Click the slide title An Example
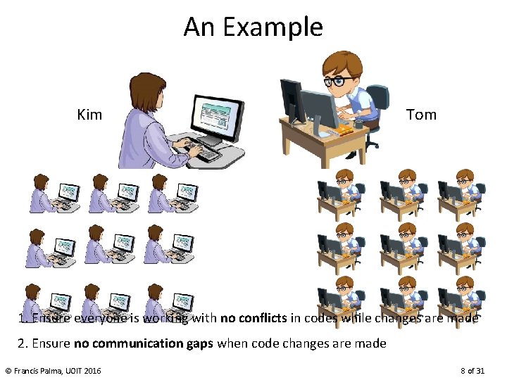pyautogui.click(x=253, y=27)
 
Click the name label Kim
pyautogui.click(x=89, y=115)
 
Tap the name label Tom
pyautogui.click(x=421, y=115)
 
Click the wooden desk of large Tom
pyautogui.click(x=324, y=141)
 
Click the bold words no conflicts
pyautogui.click(x=254, y=318)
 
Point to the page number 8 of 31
pyautogui.click(x=472, y=370)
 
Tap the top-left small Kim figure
pyautogui.click(x=54, y=193)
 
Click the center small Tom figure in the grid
pyautogui.click(x=402, y=248)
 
